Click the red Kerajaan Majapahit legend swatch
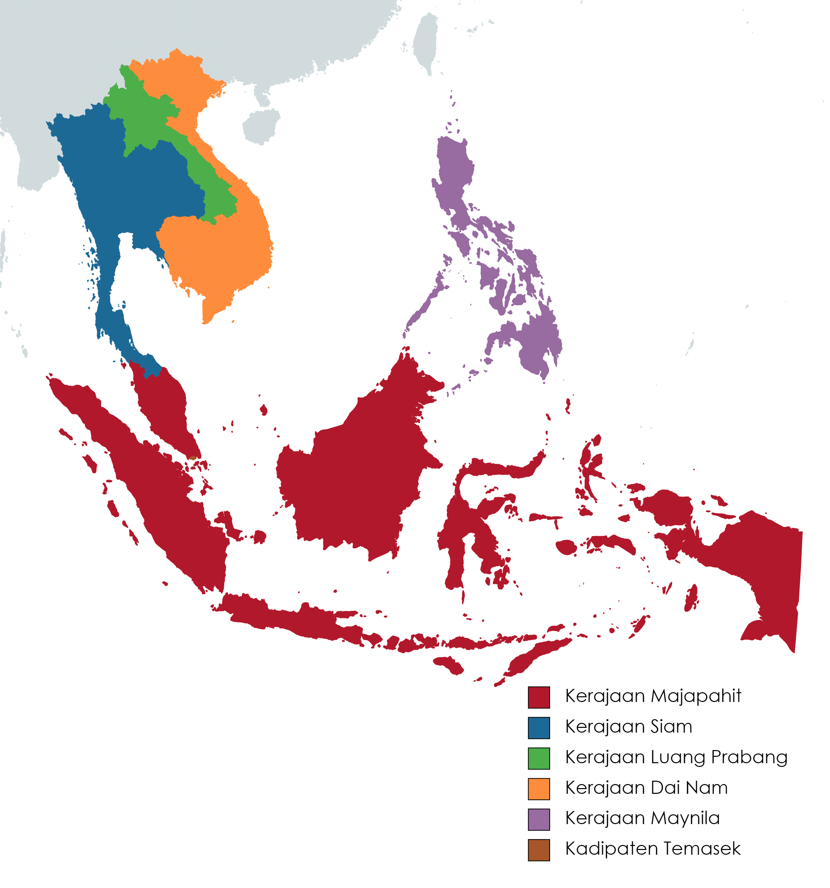coord(538,697)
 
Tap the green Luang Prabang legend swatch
coord(538,758)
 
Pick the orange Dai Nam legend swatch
coord(538,788)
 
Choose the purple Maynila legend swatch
coord(538,819)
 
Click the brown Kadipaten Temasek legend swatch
coord(538,850)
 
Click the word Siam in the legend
coord(671,727)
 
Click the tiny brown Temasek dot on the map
coord(192,458)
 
